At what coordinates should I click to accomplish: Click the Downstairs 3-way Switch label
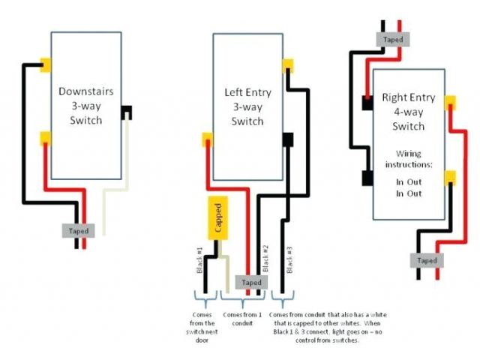(x=86, y=106)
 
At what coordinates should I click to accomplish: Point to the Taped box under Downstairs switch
(x=79, y=231)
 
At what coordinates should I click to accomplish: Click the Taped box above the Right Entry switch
(x=393, y=39)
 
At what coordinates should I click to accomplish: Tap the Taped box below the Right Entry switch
(x=427, y=260)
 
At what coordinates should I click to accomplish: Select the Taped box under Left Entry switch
(x=252, y=282)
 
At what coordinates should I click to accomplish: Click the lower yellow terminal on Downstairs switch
(x=46, y=137)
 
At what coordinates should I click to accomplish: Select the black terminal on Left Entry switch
(x=288, y=139)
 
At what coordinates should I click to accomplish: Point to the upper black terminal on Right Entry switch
(x=367, y=103)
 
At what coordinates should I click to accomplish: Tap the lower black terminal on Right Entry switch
(x=367, y=178)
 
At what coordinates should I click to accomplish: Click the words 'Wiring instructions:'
(x=409, y=157)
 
